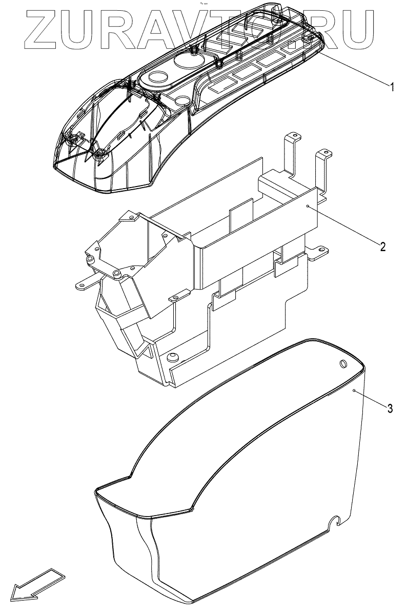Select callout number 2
click(x=382, y=246)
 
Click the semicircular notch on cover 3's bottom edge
click(x=337, y=521)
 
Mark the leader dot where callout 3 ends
click(x=354, y=391)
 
